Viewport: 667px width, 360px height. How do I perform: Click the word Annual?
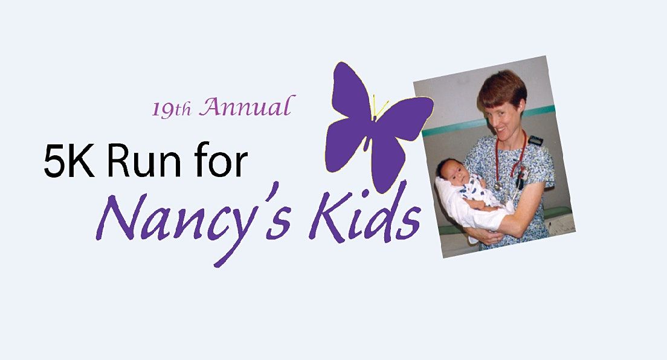[246, 107]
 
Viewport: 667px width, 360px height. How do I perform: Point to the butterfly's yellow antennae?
[379, 106]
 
